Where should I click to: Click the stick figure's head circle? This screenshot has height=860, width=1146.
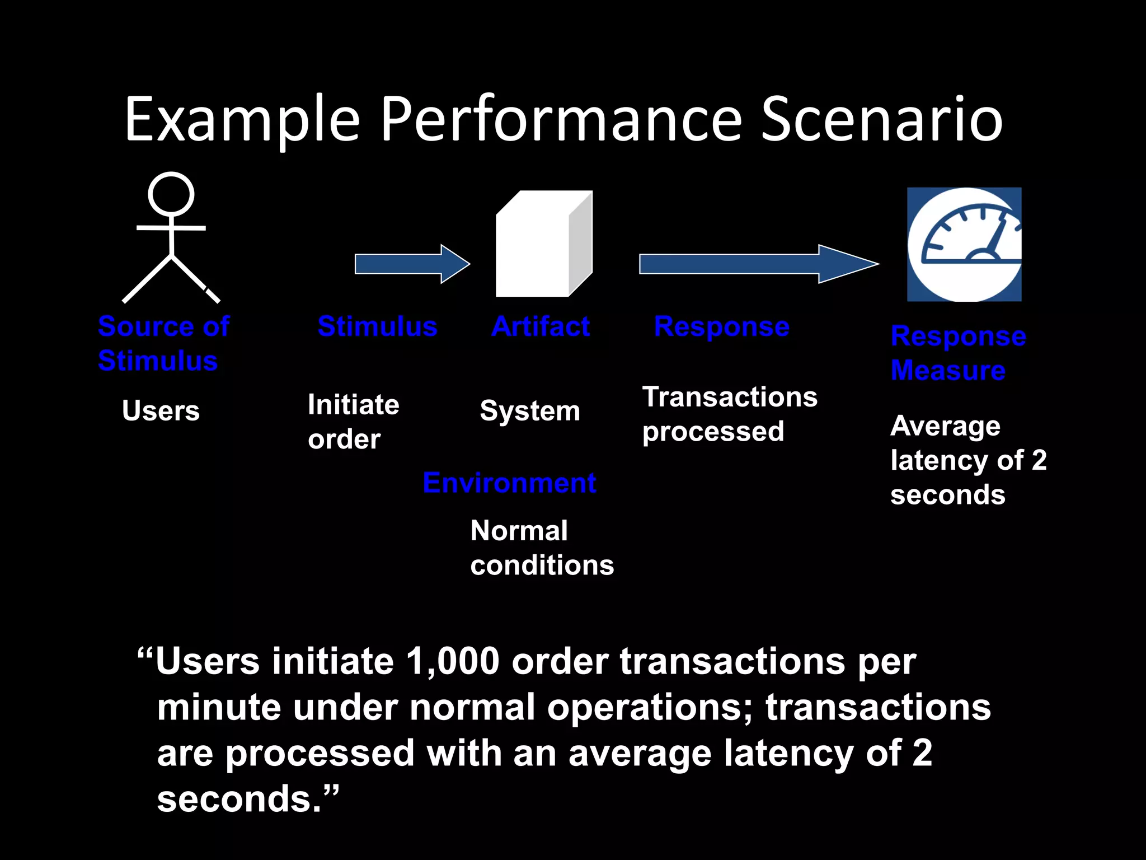(x=171, y=194)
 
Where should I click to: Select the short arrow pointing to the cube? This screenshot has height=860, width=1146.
(x=412, y=264)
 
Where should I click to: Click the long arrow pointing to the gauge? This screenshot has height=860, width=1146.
(x=758, y=264)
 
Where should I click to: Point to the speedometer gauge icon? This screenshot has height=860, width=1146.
(x=964, y=245)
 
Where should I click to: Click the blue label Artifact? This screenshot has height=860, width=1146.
(x=541, y=326)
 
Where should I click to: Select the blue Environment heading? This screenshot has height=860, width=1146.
(x=509, y=483)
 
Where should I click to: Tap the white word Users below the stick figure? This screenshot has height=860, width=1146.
(x=161, y=410)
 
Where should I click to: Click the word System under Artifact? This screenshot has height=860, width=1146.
(x=530, y=411)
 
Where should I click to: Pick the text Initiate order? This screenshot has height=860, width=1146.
(x=353, y=422)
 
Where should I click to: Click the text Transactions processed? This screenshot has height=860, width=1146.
(x=729, y=414)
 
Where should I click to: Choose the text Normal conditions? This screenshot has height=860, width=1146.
(x=542, y=548)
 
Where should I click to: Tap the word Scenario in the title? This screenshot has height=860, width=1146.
(x=881, y=119)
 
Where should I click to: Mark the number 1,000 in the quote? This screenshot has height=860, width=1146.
(x=452, y=661)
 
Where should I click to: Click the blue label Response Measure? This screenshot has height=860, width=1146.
(x=958, y=353)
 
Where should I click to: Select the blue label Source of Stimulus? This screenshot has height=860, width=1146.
(x=163, y=343)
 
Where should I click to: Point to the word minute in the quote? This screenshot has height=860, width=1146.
(x=218, y=707)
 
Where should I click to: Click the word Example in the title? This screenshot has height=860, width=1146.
(x=242, y=119)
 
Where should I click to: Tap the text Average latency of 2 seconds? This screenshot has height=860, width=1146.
(x=968, y=460)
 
